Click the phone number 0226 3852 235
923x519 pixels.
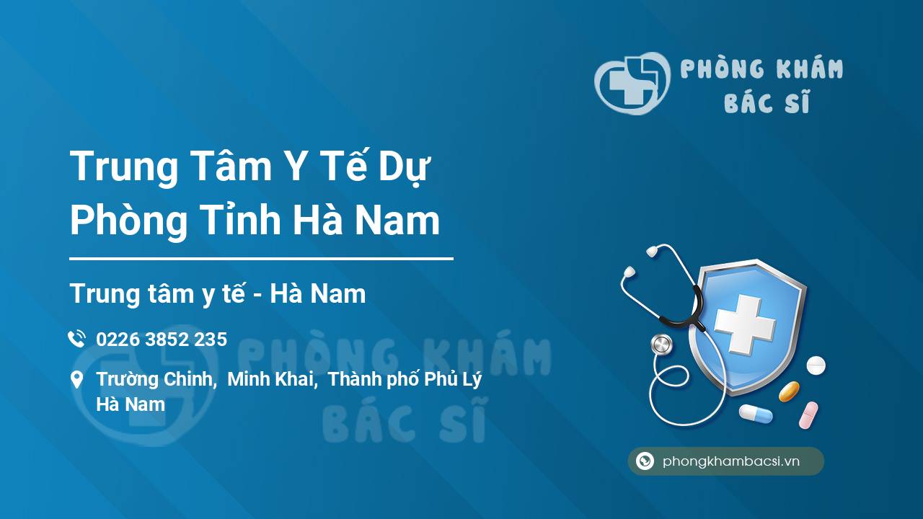click(x=162, y=340)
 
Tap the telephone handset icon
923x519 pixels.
click(x=77, y=339)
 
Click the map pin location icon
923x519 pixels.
click(x=76, y=379)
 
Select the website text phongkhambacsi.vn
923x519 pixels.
click(x=731, y=461)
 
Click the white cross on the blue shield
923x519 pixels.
click(x=745, y=324)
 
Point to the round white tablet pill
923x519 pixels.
click(x=816, y=365)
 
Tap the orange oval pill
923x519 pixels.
click(x=789, y=391)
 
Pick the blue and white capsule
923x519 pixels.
click(x=756, y=414)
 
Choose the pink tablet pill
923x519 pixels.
click(x=808, y=415)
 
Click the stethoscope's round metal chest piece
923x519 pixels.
click(x=661, y=345)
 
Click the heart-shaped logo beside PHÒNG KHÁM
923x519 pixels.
click(x=632, y=83)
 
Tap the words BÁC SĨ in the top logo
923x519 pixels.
click(x=767, y=102)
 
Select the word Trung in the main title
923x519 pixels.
click(x=123, y=167)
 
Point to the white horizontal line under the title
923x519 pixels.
click(x=261, y=259)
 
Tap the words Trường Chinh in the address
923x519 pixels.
click(x=156, y=379)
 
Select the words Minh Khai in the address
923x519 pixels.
click(x=273, y=379)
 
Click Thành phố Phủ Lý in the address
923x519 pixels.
click(x=405, y=380)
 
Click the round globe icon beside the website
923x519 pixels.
click(x=645, y=461)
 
